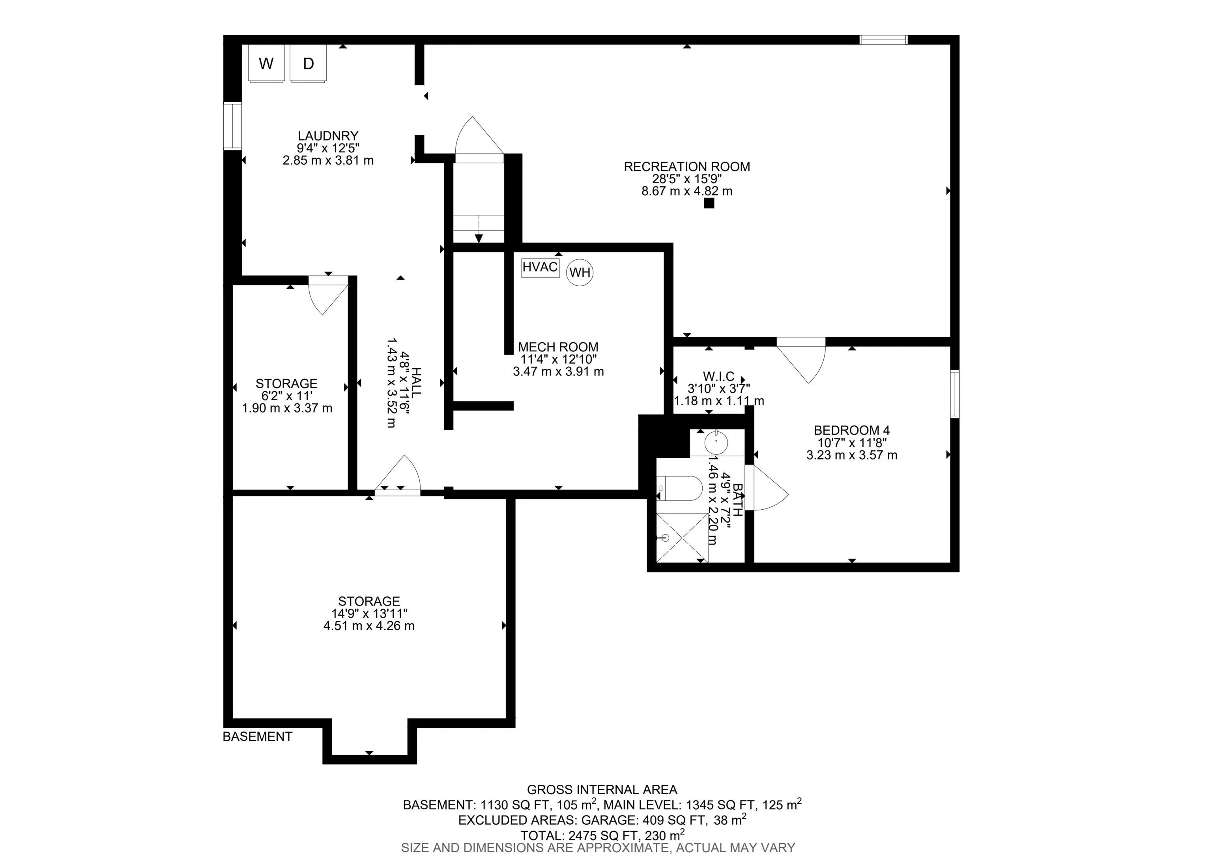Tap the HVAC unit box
[x=540, y=267]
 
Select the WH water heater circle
[x=580, y=272]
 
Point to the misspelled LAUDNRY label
[x=328, y=136]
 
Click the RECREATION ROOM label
[x=687, y=167]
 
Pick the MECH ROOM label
[x=558, y=347]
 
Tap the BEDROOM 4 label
[x=851, y=430]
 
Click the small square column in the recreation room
[x=709, y=203]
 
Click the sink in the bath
[x=716, y=443]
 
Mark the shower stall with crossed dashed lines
[x=681, y=537]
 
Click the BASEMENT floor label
[x=258, y=737]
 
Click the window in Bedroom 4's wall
[x=955, y=394]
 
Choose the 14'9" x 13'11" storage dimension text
[x=369, y=613]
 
